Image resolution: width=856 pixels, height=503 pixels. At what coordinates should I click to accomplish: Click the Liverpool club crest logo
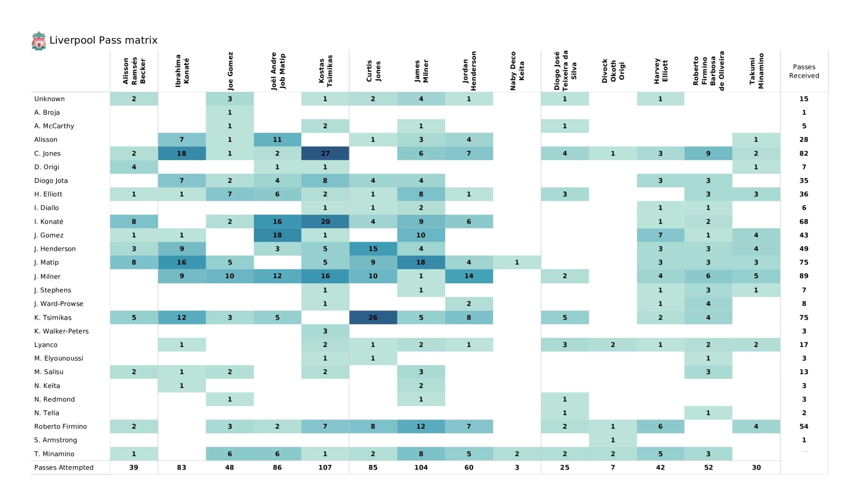(39, 41)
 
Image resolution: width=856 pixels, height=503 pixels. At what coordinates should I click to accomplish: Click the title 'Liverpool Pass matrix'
(103, 40)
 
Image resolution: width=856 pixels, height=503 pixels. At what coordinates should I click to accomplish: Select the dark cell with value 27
(325, 153)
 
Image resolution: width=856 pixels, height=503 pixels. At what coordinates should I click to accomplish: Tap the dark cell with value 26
(373, 317)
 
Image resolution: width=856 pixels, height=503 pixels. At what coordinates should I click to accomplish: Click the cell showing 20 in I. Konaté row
(325, 222)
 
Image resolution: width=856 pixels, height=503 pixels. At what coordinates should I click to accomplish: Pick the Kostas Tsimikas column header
(325, 71)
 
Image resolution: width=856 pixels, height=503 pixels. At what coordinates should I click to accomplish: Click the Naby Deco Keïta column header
(517, 71)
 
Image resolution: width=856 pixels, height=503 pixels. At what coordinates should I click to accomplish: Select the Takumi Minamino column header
(756, 71)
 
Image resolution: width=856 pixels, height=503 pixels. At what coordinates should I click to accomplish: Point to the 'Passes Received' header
(804, 71)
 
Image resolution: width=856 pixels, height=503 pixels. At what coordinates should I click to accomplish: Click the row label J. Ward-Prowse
(59, 304)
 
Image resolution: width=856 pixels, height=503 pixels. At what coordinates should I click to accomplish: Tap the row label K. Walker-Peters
(61, 331)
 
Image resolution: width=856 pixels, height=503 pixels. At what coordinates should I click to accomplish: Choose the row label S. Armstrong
(56, 440)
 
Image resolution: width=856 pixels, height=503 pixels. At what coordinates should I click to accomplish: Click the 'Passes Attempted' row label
(64, 468)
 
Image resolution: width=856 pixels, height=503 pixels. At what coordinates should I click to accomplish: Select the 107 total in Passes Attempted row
(325, 468)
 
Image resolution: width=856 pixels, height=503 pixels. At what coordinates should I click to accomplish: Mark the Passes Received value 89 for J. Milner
(804, 276)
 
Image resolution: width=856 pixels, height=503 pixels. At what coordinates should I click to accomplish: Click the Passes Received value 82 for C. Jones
(804, 153)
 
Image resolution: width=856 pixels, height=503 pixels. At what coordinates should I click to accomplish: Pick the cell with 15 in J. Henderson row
(373, 249)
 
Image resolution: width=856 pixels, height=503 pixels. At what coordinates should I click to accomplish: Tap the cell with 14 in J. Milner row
(469, 276)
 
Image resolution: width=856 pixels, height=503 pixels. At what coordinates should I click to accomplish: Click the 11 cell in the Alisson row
(277, 139)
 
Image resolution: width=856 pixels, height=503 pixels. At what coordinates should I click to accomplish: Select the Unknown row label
(49, 99)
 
